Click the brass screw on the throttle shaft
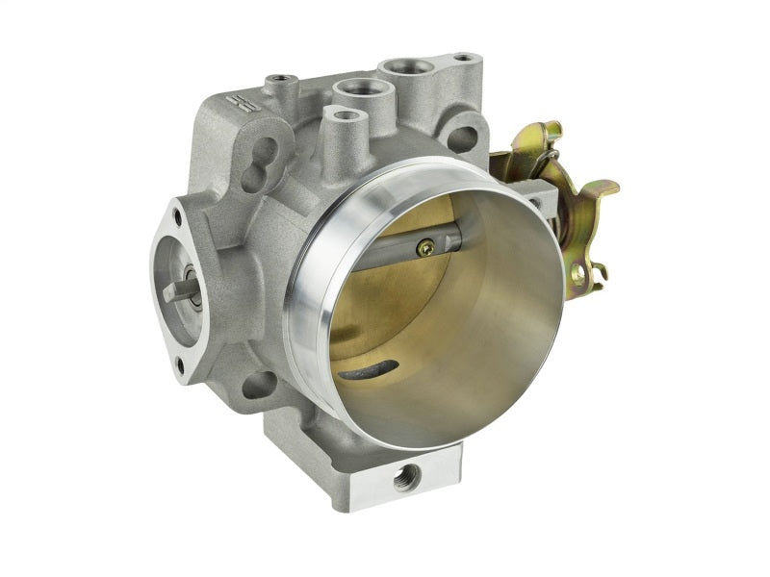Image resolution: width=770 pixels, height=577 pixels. tap(424, 248)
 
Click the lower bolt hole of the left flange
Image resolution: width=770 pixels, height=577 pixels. tap(179, 363)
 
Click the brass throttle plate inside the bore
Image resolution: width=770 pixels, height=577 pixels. tap(385, 288)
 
